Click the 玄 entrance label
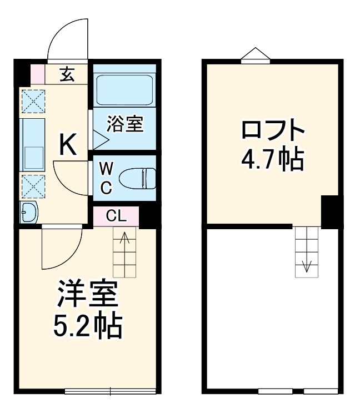(x=67, y=74)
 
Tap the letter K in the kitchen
(x=68, y=145)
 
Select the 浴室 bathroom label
(x=125, y=124)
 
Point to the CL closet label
(x=116, y=215)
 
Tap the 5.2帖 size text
(x=88, y=327)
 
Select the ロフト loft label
(x=273, y=132)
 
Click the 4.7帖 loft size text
(x=273, y=160)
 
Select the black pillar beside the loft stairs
(x=332, y=211)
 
